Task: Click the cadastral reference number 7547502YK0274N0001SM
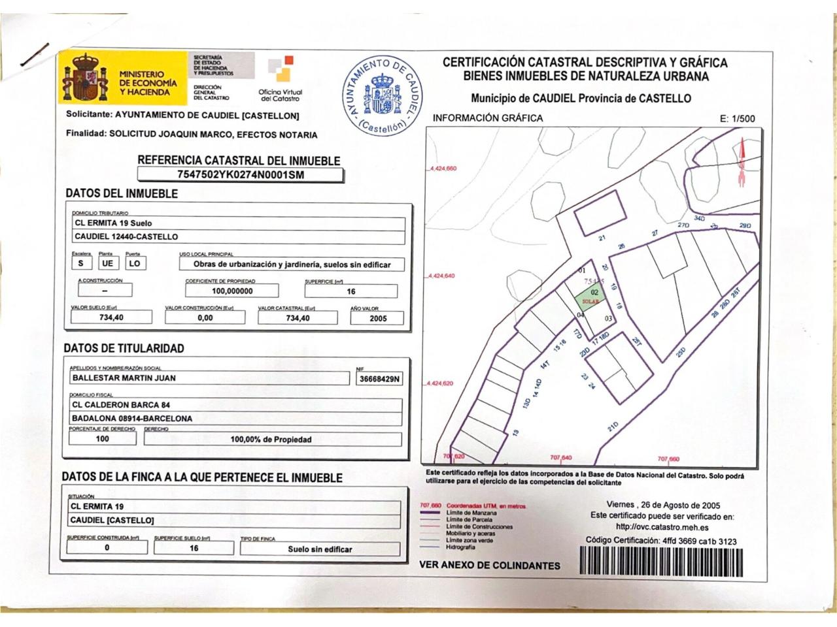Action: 241,174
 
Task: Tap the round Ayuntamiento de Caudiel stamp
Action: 384,95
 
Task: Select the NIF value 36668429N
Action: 380,379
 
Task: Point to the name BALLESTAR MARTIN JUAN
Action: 124,378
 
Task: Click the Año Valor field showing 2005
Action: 377,318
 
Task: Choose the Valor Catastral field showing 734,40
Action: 298,318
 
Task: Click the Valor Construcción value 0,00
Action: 205,318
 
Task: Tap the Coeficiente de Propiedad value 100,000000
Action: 232,291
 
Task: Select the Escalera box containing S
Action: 80,263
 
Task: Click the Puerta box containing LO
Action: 134,263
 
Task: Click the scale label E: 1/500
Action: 737,119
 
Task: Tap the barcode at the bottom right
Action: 660,560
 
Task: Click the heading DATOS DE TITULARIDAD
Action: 124,348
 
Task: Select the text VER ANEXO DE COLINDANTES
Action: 490,566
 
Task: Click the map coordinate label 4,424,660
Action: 443,169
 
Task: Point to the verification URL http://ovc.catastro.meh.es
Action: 662,528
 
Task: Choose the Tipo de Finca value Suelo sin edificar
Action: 320,549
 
